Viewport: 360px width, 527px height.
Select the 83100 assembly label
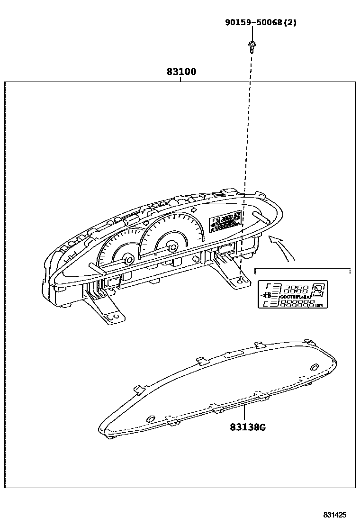[x=181, y=72]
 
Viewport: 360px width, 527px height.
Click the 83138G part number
[x=248, y=427]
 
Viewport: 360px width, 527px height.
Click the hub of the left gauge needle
[x=127, y=259]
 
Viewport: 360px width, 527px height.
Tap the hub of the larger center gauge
[x=172, y=246]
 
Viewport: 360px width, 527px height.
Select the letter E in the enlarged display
[x=266, y=304]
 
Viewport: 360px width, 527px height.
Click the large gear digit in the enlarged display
[x=320, y=290]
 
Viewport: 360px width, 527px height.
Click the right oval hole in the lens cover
[x=314, y=367]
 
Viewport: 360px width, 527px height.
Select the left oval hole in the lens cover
[x=151, y=418]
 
